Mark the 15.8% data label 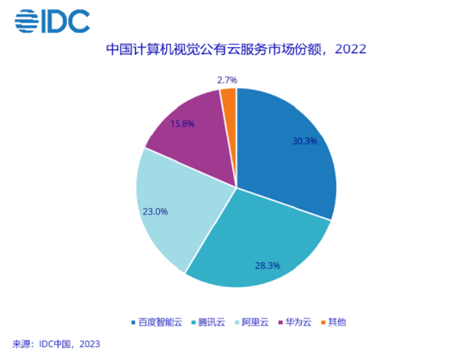click(x=183, y=124)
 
